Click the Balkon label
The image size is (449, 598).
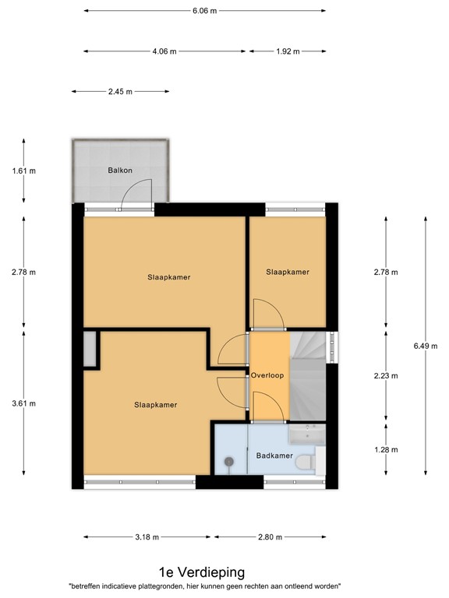click(119, 171)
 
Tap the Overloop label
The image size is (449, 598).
click(267, 375)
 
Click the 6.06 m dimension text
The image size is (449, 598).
click(204, 11)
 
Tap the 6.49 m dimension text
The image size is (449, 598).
click(425, 343)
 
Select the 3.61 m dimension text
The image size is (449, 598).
click(23, 403)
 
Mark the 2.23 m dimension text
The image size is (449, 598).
click(385, 375)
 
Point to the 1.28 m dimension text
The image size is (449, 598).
click(385, 449)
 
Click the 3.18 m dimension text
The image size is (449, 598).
click(146, 537)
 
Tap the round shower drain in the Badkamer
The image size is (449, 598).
click(229, 463)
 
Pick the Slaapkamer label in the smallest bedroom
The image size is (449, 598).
click(288, 272)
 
